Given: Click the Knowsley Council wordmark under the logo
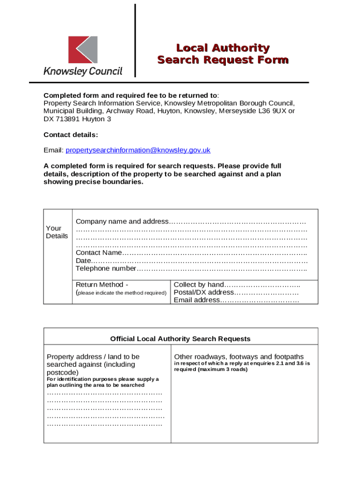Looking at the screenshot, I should (83, 71).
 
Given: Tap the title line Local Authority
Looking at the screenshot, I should (223, 48).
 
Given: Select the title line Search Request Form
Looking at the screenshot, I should (223, 60).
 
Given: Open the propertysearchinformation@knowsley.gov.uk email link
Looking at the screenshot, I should (138, 150).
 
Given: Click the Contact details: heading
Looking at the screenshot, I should (71, 135).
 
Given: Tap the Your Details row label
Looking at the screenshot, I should (57, 232).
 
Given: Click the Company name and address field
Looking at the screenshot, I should (191, 221).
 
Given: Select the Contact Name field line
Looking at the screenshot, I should (191, 253).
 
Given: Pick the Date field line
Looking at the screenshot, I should (191, 261).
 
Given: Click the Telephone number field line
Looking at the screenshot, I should (191, 269).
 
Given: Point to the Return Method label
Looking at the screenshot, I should (102, 284).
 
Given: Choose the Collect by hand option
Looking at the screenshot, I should (237, 284).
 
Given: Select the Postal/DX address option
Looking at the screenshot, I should (236, 292).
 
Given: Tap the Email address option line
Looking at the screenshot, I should (236, 300).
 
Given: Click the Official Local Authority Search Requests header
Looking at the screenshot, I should (180, 339).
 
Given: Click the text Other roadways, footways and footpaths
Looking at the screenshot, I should (238, 356).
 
